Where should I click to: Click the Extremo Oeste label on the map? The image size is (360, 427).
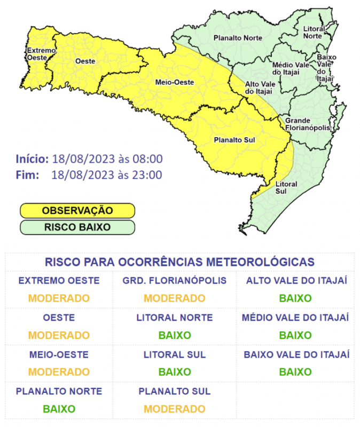coord(41,53)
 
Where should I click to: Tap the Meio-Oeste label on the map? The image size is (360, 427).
coord(170,82)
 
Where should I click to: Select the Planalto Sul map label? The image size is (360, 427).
coord(233,140)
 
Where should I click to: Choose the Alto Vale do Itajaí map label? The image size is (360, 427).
coord(259,88)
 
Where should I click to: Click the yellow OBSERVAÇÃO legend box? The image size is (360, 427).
coord(77,211)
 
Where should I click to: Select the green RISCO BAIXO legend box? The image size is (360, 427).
coord(77,227)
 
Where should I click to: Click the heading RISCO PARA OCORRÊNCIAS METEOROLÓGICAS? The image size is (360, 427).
coord(179,262)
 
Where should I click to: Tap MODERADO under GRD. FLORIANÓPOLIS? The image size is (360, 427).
coord(175,298)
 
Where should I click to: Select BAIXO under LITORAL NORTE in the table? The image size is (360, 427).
coord(175,335)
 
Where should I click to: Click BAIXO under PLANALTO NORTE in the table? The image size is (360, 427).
coord(59,409)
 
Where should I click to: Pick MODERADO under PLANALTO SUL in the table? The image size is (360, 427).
coord(175,409)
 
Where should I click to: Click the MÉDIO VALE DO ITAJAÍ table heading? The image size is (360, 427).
coord(295,318)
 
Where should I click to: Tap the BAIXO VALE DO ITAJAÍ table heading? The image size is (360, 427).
coord(295,354)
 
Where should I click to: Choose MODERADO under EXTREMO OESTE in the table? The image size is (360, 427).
coord(59,298)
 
